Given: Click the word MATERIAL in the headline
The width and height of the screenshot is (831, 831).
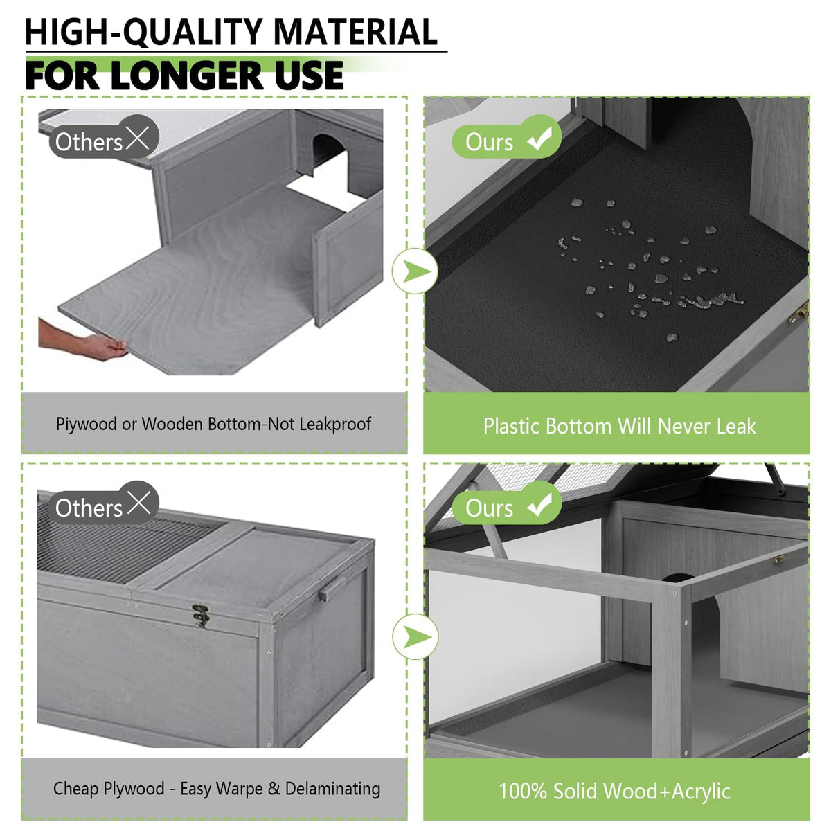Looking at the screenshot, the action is tap(355, 33).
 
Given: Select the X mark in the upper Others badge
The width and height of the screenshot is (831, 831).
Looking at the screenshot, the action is tap(138, 138).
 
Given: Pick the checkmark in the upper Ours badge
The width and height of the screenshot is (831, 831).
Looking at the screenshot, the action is tap(539, 138).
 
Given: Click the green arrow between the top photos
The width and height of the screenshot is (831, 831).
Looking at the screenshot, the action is tap(415, 271).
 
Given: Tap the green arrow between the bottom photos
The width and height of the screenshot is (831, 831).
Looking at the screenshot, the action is tap(415, 637).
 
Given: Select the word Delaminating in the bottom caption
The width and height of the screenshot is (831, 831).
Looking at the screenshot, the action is tap(332, 789).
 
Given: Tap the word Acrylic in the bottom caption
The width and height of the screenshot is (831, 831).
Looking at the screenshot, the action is tap(701, 792).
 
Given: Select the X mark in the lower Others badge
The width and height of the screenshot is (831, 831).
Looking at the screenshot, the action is tap(138, 503).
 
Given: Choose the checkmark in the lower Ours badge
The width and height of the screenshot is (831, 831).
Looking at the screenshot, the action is tap(539, 504).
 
